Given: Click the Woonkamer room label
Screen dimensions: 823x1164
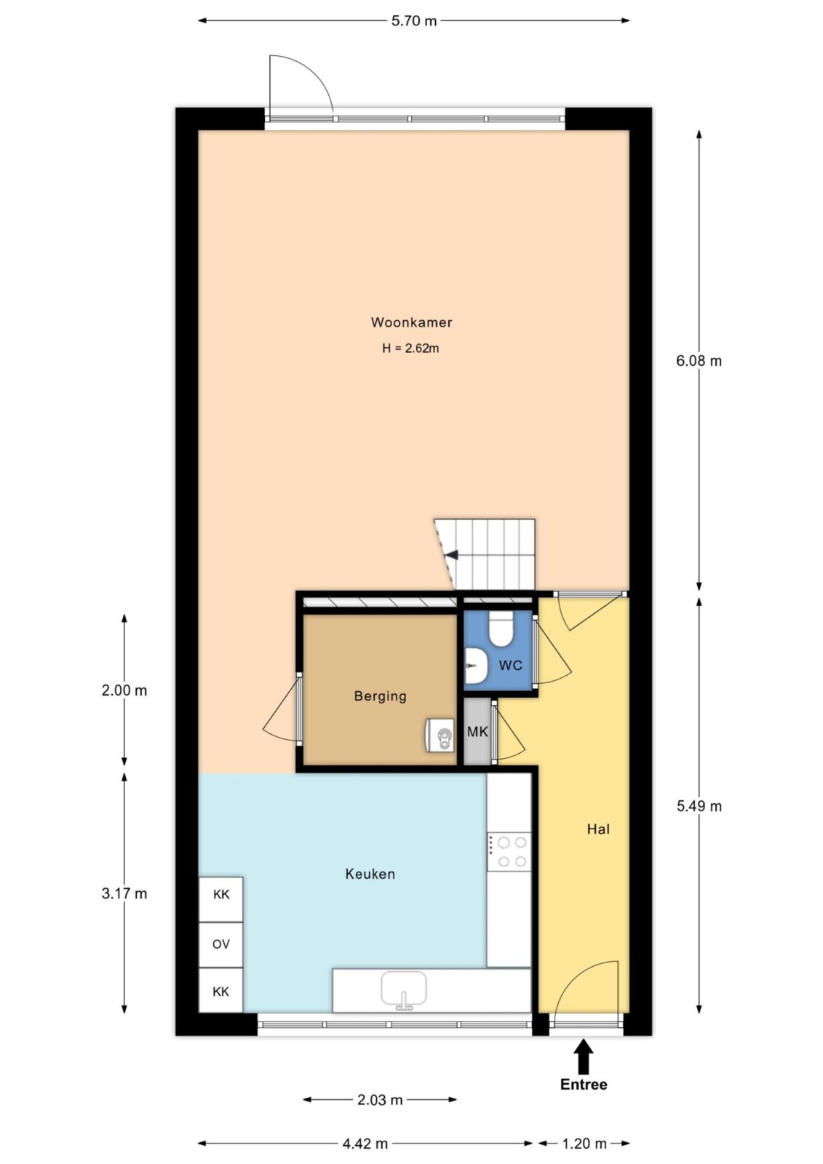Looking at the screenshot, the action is pyautogui.click(x=411, y=322).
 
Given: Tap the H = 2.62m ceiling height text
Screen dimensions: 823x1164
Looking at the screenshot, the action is pyautogui.click(x=410, y=348).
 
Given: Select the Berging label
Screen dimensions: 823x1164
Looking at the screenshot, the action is pyautogui.click(x=380, y=696).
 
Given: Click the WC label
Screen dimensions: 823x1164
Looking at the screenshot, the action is pyautogui.click(x=510, y=665).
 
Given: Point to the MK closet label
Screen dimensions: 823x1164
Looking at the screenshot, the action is pyautogui.click(x=477, y=732).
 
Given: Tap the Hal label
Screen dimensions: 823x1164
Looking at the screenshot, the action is pyautogui.click(x=598, y=829).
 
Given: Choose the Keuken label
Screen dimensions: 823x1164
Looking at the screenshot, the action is pyautogui.click(x=370, y=874).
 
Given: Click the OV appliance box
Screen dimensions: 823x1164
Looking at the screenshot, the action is pyautogui.click(x=221, y=944).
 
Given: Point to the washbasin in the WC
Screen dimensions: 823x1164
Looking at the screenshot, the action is pyautogui.click(x=475, y=666).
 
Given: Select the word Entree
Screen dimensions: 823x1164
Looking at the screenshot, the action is pyautogui.click(x=584, y=1085).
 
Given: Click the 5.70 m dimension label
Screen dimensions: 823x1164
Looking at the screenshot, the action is pyautogui.click(x=414, y=21).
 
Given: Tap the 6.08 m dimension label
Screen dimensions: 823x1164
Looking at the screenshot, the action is pyautogui.click(x=699, y=361).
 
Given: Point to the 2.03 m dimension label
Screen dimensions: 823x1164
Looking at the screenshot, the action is pyautogui.click(x=380, y=1099).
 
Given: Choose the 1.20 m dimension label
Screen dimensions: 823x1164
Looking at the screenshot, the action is pyautogui.click(x=584, y=1143).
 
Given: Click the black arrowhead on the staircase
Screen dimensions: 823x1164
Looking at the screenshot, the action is pyautogui.click(x=453, y=554).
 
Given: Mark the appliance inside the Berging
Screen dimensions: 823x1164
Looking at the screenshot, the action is pyautogui.click(x=440, y=735).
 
